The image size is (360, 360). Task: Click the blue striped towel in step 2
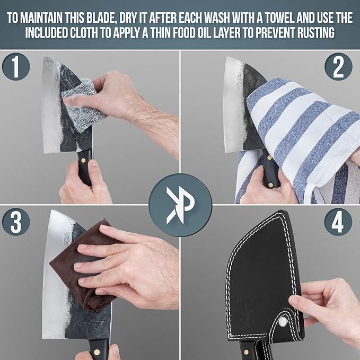297,133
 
